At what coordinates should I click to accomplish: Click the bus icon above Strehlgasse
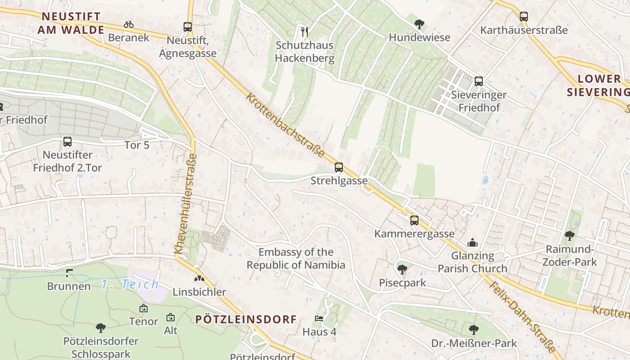pyautogui.click(x=339, y=167)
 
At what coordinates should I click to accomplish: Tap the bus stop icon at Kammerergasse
pyautogui.click(x=414, y=220)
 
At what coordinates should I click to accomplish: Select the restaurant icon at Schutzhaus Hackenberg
pyautogui.click(x=305, y=31)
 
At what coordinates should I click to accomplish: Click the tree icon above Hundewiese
pyautogui.click(x=419, y=24)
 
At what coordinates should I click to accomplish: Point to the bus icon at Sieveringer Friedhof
pyautogui.click(x=479, y=81)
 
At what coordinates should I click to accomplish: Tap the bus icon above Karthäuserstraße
pyautogui.click(x=523, y=17)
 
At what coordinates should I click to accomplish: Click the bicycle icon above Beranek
pyautogui.click(x=129, y=24)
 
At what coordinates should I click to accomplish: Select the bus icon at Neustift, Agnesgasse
pyautogui.click(x=188, y=27)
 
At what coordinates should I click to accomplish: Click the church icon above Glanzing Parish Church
pyautogui.click(x=472, y=243)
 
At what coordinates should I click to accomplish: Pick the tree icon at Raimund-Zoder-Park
pyautogui.click(x=570, y=235)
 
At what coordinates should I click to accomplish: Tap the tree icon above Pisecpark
pyautogui.click(x=402, y=270)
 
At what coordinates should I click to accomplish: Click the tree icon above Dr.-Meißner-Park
pyautogui.click(x=473, y=330)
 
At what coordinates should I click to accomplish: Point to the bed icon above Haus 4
pyautogui.click(x=319, y=319)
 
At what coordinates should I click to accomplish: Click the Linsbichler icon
pyautogui.click(x=199, y=279)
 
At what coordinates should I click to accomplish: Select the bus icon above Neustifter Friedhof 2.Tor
pyautogui.click(x=67, y=142)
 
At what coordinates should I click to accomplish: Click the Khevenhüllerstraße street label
pyautogui.click(x=185, y=203)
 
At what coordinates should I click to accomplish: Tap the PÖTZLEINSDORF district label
pyautogui.click(x=246, y=319)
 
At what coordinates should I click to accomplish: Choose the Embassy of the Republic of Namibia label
pyautogui.click(x=296, y=258)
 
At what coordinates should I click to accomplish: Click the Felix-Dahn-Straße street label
pyautogui.click(x=522, y=318)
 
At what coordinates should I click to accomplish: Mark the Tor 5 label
pyautogui.click(x=137, y=145)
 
